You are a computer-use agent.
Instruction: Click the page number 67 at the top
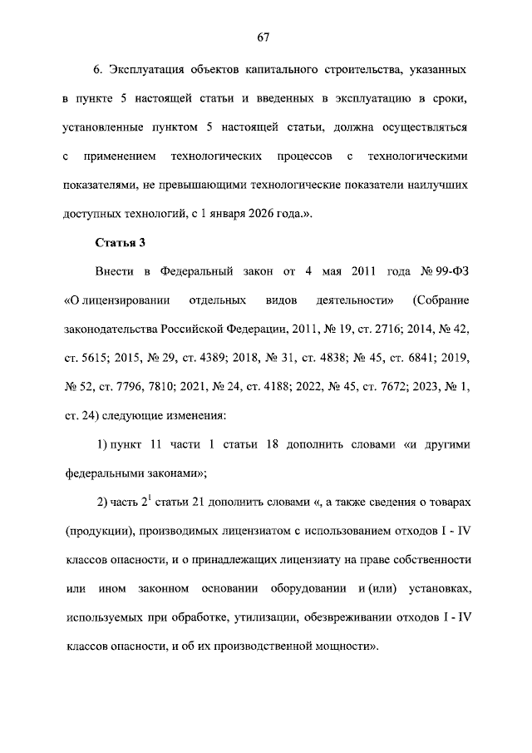(265, 37)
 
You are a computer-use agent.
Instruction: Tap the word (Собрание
(441, 299)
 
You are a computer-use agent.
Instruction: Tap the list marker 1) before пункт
(106, 444)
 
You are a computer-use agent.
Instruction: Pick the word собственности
(431, 560)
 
